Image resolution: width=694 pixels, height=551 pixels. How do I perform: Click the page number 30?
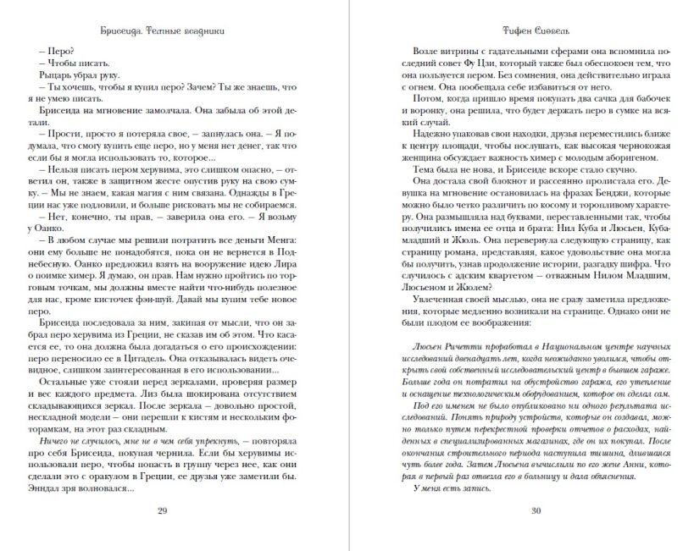pos(535,510)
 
